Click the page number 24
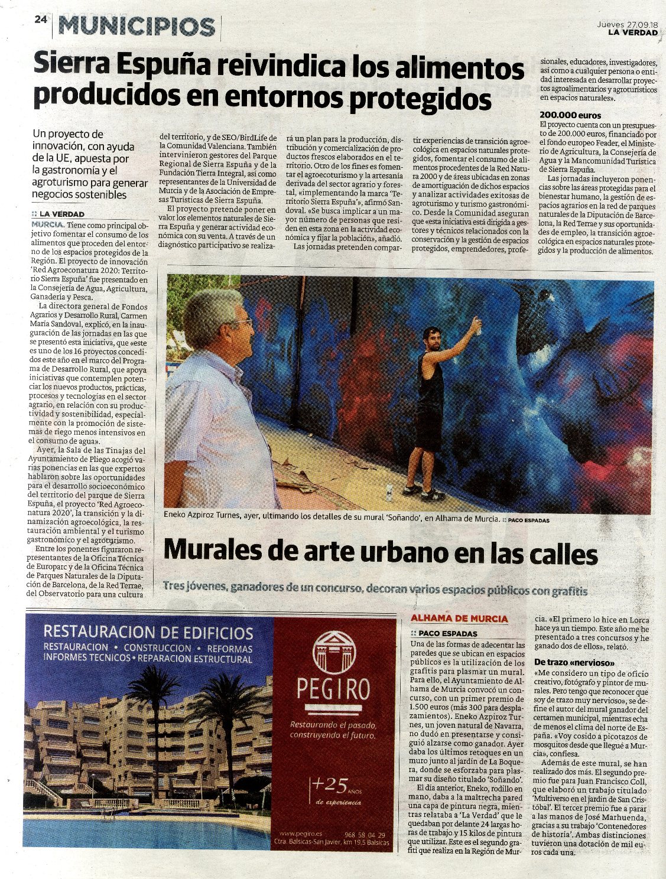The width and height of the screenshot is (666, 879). point(40,19)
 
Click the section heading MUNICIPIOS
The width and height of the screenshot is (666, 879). point(138,27)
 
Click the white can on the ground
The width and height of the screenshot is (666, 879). point(388,489)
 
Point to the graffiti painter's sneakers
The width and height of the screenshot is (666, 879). point(423,493)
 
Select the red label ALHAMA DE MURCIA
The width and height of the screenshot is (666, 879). point(459,618)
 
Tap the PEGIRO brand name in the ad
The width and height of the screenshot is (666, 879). point(333,689)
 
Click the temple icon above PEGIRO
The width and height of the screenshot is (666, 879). point(333,649)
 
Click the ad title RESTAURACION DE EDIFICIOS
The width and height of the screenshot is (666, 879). point(148,633)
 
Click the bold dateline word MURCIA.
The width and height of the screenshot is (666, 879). point(48,225)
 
